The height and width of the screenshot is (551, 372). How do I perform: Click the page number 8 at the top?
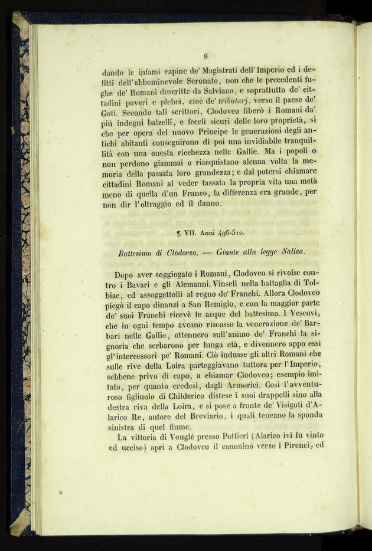click(205, 56)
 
